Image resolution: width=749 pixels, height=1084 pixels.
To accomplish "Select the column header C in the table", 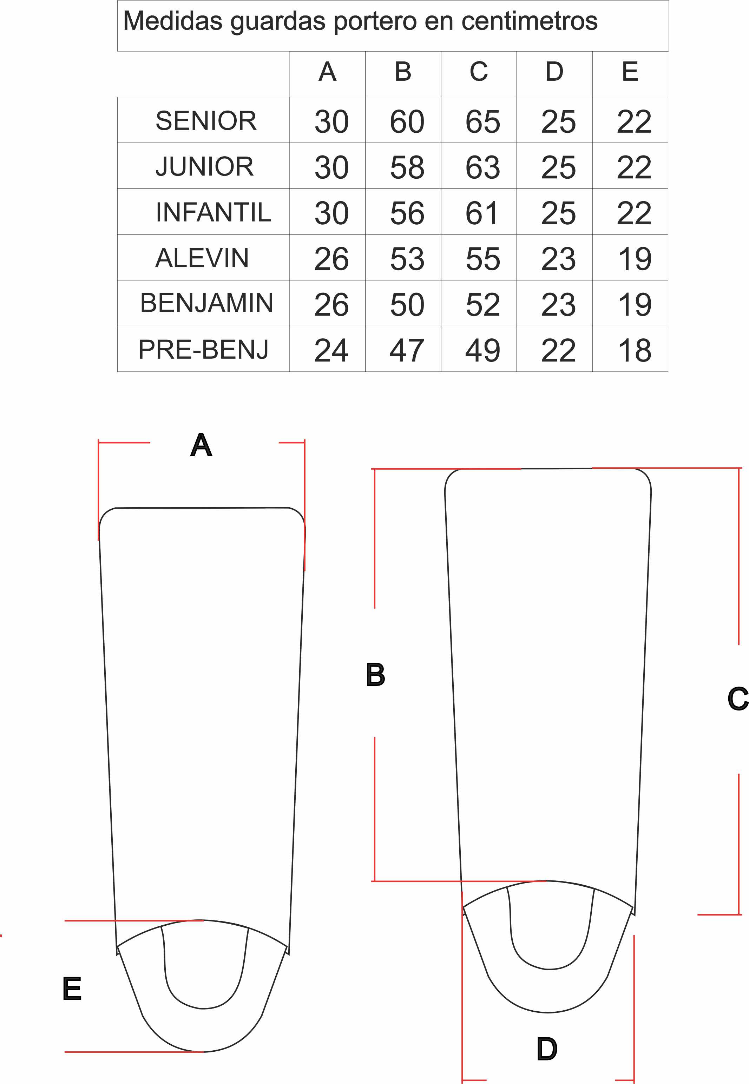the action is [479, 72].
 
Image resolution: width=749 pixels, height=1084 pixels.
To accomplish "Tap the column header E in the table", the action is [630, 72].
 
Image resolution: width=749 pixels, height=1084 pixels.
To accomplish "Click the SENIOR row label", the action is [206, 120].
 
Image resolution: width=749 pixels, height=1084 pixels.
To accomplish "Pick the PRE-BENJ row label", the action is [203, 349].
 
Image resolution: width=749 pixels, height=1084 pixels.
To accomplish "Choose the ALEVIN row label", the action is [202, 258].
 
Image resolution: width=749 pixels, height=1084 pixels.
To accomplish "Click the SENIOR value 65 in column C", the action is [482, 121].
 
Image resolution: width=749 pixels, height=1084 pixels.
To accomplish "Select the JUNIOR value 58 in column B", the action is [407, 167].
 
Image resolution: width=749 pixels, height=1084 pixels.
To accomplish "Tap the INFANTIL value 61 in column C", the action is [481, 213].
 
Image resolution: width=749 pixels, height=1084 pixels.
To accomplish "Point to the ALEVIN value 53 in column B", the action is [407, 259].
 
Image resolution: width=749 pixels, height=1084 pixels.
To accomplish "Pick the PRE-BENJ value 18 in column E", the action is [635, 350].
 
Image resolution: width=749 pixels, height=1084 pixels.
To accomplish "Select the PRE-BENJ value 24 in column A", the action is [331, 350].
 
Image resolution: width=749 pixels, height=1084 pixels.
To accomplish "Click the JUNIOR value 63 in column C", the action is [482, 167].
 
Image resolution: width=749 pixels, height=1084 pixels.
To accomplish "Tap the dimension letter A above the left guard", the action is [201, 445].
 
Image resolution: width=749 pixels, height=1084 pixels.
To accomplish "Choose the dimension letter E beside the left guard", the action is [72, 988].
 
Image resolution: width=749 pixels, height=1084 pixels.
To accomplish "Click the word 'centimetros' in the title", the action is [530, 21].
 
